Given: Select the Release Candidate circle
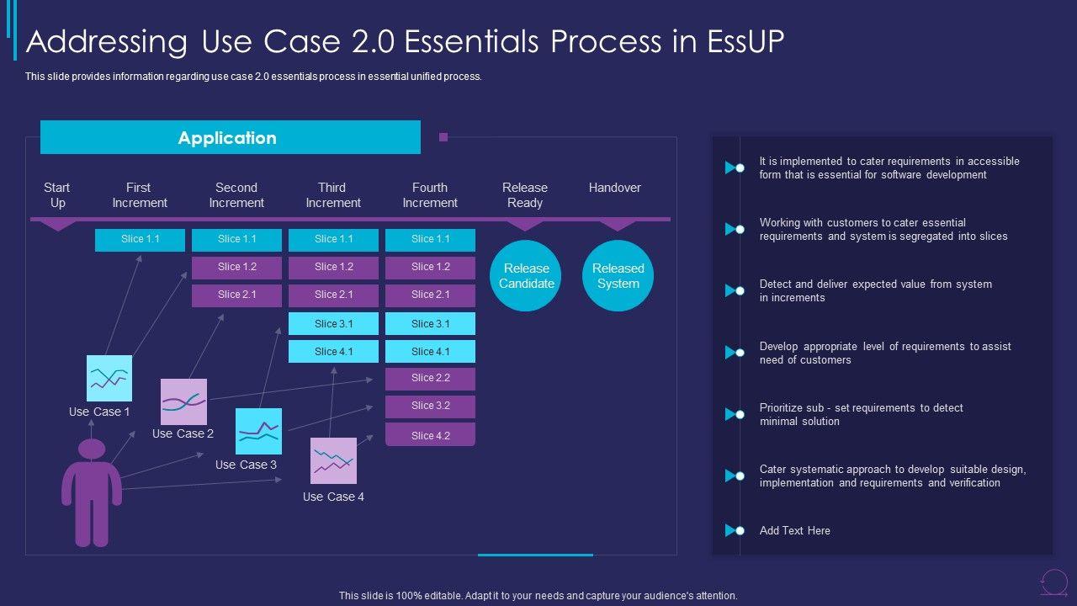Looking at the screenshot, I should [x=527, y=276].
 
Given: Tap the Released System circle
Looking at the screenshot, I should [x=618, y=276].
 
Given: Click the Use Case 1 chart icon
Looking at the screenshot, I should [x=109, y=378].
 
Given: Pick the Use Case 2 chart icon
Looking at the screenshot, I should [x=183, y=401].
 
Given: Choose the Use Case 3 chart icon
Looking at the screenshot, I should [x=258, y=431].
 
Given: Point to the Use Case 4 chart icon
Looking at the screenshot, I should [x=333, y=460].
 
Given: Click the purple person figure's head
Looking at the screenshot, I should [x=92, y=449].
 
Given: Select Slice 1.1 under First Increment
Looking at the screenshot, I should [x=140, y=239].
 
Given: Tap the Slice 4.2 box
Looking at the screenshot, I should [x=430, y=435].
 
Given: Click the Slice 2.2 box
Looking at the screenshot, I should [x=430, y=378].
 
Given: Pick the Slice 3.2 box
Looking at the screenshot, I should [x=430, y=406].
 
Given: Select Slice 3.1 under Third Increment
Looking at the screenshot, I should [x=333, y=324].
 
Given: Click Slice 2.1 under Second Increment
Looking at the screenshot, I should [x=236, y=295].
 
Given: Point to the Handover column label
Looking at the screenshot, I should [x=614, y=188].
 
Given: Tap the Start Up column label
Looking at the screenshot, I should [x=57, y=194].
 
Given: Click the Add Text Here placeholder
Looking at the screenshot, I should [x=794, y=530].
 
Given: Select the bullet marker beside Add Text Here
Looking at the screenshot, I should [x=735, y=530].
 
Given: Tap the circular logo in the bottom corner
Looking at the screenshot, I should [x=1053, y=581].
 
